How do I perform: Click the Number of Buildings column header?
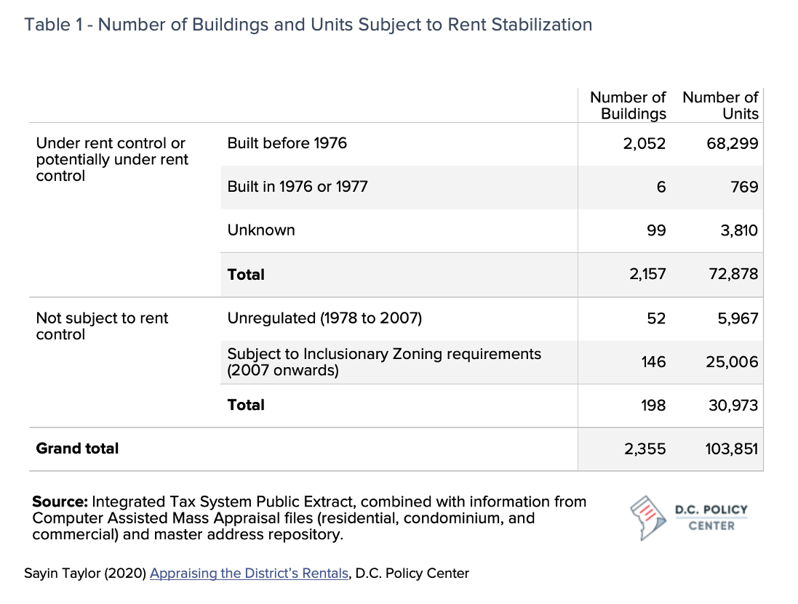click(x=628, y=105)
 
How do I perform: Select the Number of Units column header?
click(x=720, y=105)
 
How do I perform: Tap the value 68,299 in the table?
click(x=733, y=144)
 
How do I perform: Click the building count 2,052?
click(x=645, y=144)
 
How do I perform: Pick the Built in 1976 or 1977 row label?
click(x=298, y=187)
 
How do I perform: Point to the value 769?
click(x=745, y=187)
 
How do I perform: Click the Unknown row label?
click(x=261, y=230)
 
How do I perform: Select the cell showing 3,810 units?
click(x=739, y=231)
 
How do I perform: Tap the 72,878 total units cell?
click(x=733, y=274)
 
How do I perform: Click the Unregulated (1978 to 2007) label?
click(x=324, y=318)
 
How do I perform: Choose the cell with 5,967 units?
click(x=738, y=319)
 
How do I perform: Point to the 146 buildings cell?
click(x=653, y=362)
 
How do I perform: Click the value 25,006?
click(x=732, y=362)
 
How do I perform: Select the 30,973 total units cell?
click(x=733, y=405)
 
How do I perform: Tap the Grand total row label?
click(x=77, y=448)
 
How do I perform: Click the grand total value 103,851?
click(x=731, y=449)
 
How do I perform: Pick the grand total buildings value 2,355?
click(x=645, y=449)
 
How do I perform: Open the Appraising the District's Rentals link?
click(x=249, y=573)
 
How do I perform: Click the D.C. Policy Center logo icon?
click(x=648, y=518)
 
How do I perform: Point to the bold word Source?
click(x=60, y=502)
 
